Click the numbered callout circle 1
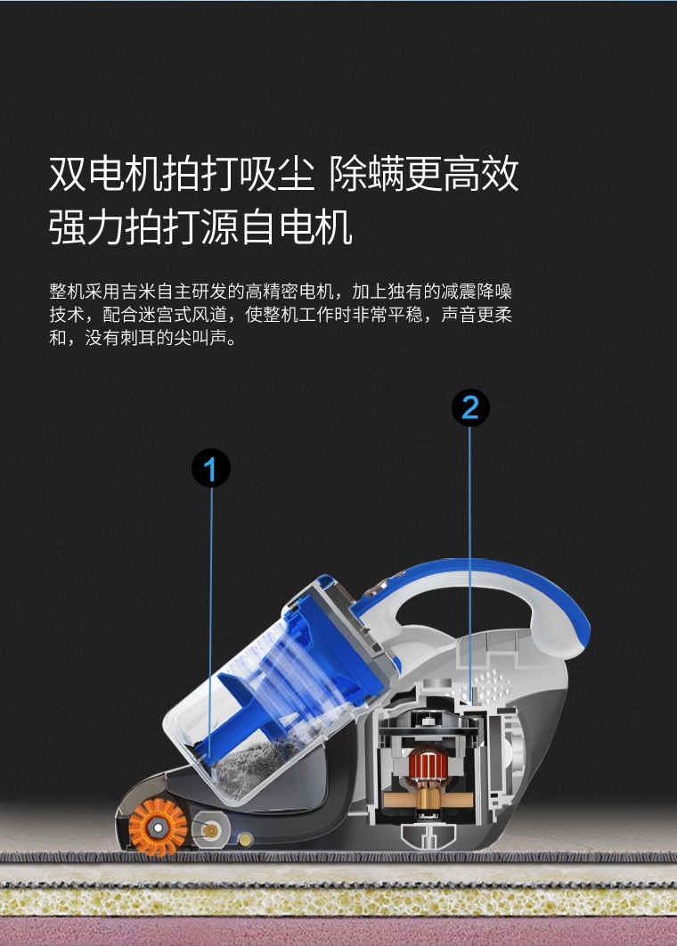coord(211,468)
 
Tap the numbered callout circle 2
coord(470,407)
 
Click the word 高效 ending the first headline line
coord(480,174)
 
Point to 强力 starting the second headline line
coord(86,226)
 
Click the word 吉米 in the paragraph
coord(139,292)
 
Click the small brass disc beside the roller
coord(245,839)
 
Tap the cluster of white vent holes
coord(488,685)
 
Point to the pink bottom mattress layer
coord(338,932)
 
